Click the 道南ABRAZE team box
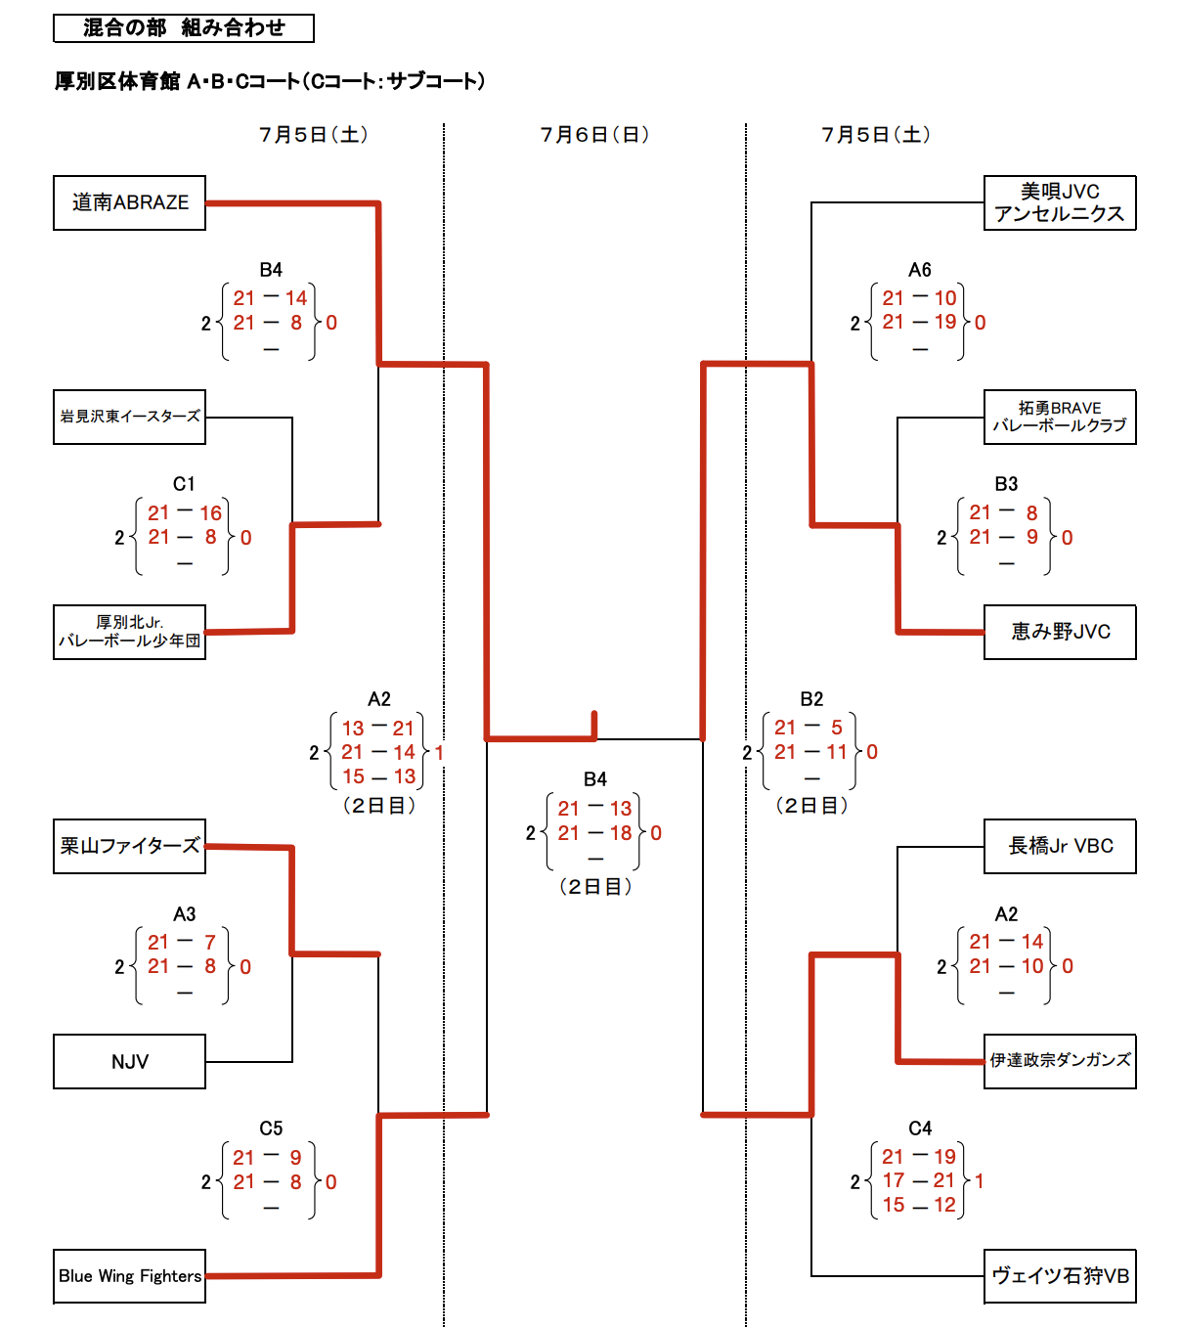tap(129, 202)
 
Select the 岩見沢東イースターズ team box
tap(129, 417)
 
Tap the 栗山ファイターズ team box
tap(129, 846)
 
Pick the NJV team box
tap(129, 1061)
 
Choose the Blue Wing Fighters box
tap(129, 1275)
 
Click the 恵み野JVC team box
tap(1060, 632)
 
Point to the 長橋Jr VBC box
tap(1060, 846)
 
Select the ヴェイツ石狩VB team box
tap(1060, 1275)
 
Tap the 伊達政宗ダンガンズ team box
tap(1060, 1060)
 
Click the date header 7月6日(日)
tap(594, 135)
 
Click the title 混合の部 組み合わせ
tap(184, 28)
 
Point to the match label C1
tap(184, 484)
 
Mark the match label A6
tap(919, 270)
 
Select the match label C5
tap(271, 1129)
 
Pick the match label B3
tap(1006, 484)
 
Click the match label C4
tap(919, 1129)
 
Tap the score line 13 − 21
tap(378, 729)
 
